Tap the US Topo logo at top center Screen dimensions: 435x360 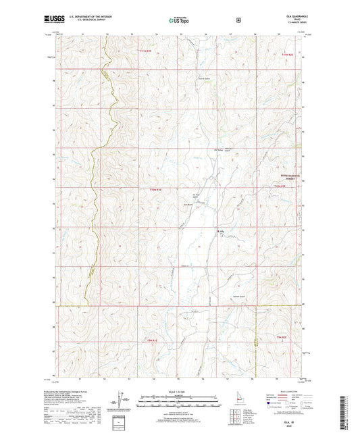180,21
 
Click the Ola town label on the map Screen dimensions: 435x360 220,234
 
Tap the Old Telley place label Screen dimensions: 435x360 200,149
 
